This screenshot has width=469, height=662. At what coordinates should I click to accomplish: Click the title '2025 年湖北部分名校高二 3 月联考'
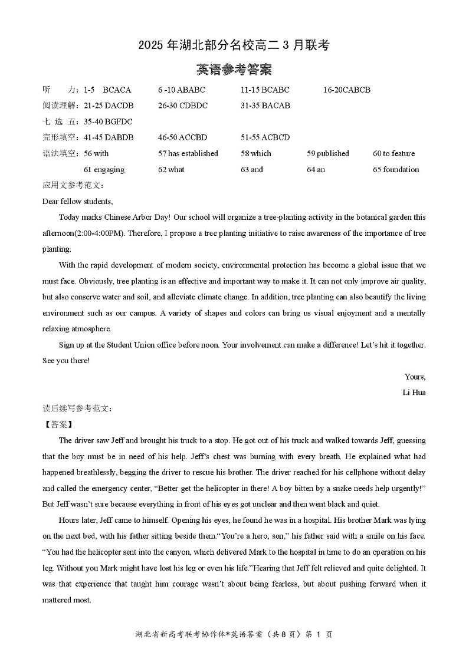point(234,45)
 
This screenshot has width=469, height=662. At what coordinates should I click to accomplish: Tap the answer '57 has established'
point(188,153)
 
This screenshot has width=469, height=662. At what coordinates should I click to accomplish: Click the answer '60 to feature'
point(393,153)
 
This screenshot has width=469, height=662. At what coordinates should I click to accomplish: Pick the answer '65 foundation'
point(396,169)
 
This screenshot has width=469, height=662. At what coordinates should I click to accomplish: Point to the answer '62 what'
point(171,169)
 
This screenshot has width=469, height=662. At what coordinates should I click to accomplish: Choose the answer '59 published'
point(328,153)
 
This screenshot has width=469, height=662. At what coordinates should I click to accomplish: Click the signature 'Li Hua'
point(414,392)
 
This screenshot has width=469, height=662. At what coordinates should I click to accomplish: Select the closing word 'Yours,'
point(415,376)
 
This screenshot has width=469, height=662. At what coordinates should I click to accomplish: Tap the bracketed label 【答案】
point(58,424)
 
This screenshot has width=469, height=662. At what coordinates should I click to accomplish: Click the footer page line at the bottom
point(234,634)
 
